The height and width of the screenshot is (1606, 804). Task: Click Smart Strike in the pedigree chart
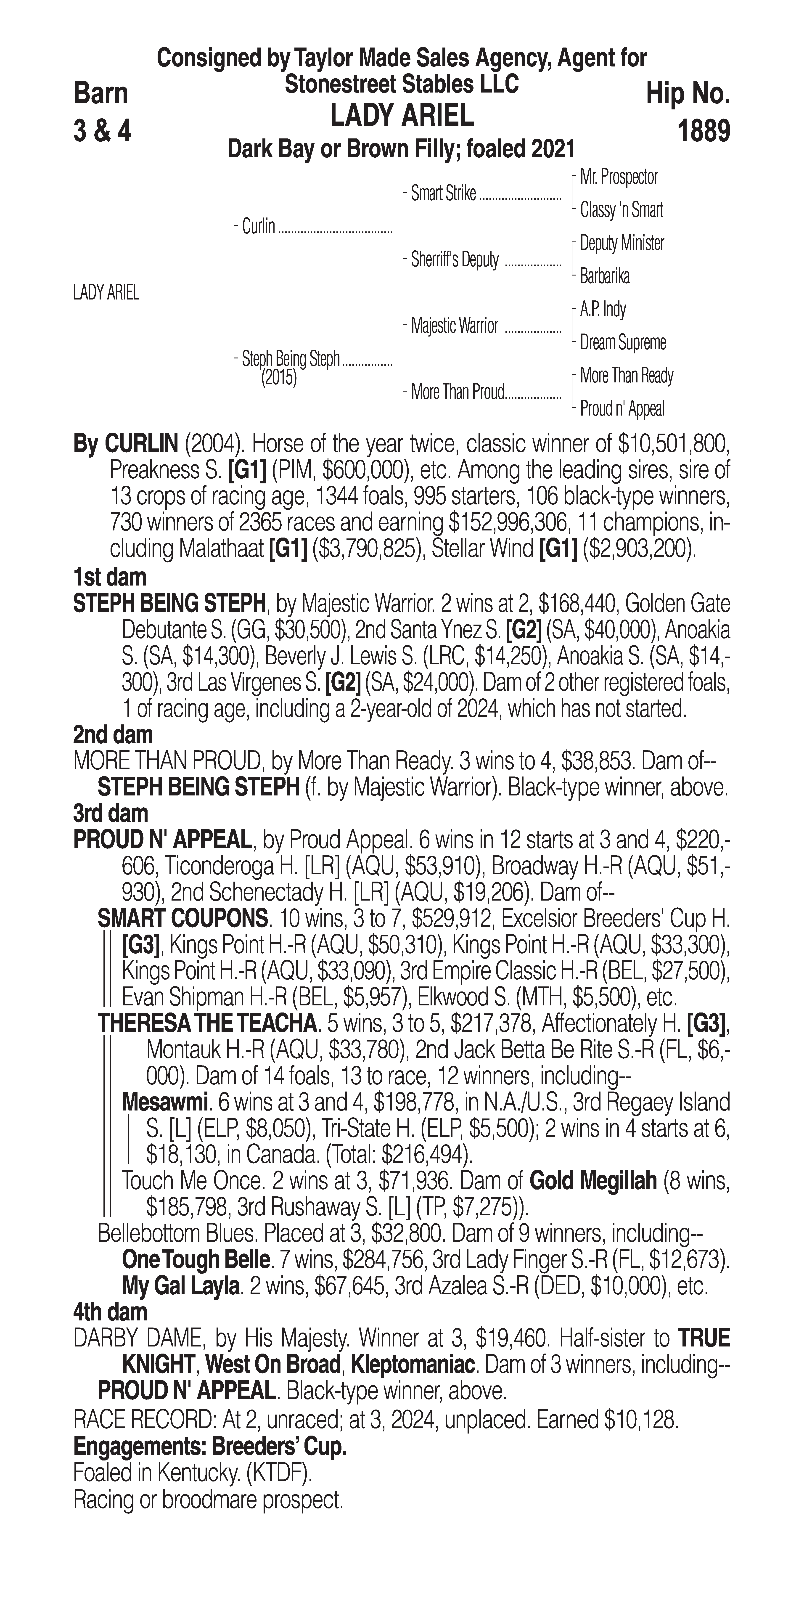click(443, 194)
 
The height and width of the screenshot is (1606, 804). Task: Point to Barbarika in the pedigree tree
click(605, 276)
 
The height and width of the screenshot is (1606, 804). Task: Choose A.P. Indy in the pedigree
click(603, 309)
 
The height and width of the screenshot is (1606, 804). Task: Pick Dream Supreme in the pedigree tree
click(623, 342)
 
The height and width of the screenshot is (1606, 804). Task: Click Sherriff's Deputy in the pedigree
click(454, 260)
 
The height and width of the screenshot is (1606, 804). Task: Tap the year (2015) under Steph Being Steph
click(279, 379)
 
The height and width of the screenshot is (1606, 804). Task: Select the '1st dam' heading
click(110, 577)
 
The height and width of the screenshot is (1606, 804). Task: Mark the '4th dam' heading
click(110, 1312)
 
